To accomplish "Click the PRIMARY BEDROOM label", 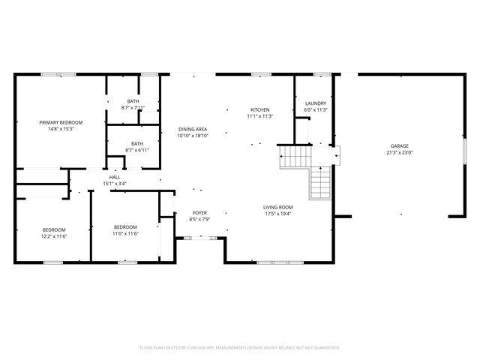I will click(x=61, y=122).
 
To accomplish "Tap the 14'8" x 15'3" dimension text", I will click(x=61, y=129).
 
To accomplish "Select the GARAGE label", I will click(x=399, y=145).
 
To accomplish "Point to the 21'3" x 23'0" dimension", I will click(x=399, y=152).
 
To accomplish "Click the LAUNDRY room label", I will click(x=316, y=103).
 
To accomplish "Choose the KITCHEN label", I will click(x=260, y=109).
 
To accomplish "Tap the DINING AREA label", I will click(x=193, y=130).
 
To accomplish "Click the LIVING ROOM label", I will click(x=277, y=207).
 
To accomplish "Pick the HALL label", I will click(x=114, y=177).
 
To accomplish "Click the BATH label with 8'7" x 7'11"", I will click(x=133, y=101).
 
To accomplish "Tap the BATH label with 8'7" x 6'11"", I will click(x=137, y=144).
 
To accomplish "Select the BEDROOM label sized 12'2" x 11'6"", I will click(x=53, y=229).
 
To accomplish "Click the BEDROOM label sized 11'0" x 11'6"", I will click(x=125, y=227).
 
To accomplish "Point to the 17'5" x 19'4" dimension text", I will click(x=277, y=214).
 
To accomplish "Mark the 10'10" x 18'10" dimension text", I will click(x=193, y=136).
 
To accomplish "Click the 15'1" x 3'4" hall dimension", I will click(x=114, y=184).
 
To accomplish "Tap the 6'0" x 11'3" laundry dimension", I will click(x=316, y=110).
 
